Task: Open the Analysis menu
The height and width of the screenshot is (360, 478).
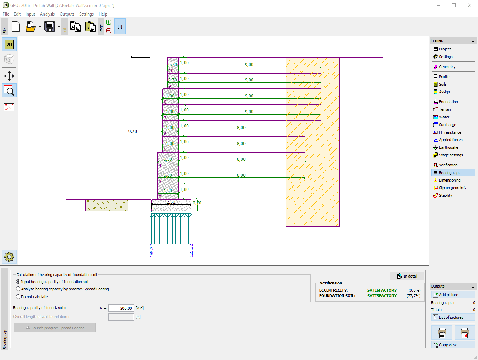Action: click(47, 14)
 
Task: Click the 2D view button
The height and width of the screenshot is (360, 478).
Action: click(9, 45)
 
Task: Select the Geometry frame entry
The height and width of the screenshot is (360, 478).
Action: click(447, 67)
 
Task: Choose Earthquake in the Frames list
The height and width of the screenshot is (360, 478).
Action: click(448, 147)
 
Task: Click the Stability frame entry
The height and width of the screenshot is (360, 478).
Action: click(445, 195)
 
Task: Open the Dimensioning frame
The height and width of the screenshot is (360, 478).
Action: click(449, 180)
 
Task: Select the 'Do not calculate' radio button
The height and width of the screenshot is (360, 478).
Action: click(18, 296)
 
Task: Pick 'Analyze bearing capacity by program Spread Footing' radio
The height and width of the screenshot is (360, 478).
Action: click(18, 289)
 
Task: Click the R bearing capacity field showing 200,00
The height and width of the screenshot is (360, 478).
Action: click(121, 308)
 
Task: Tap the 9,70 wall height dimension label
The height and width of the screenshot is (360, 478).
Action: click(132, 131)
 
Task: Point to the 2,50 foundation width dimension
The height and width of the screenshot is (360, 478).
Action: click(171, 202)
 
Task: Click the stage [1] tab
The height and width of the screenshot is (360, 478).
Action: click(120, 26)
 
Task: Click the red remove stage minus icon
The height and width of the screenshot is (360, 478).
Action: click(109, 31)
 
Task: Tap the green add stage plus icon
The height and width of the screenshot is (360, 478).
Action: click(109, 22)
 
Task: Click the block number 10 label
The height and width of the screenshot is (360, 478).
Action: click(171, 70)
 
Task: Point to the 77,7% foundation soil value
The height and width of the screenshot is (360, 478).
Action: click(413, 296)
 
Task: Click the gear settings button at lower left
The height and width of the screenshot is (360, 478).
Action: click(9, 257)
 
